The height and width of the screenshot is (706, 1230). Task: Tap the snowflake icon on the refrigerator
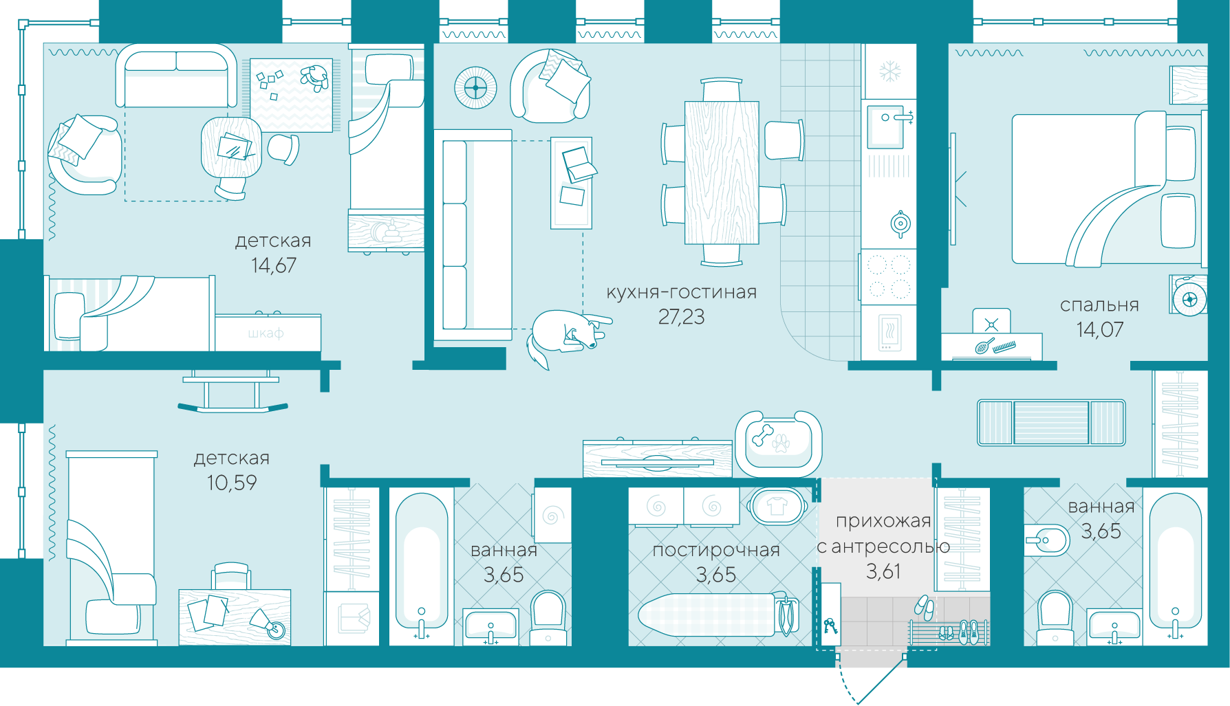point(890,71)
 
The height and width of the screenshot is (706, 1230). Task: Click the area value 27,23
point(681,317)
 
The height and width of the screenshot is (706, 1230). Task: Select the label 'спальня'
point(1099,305)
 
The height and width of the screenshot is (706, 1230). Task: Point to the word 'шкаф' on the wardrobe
point(266,333)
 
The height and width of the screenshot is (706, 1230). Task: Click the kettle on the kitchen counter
point(900,223)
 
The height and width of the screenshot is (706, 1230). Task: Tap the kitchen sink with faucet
point(888,126)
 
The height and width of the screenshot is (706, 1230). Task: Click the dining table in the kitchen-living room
point(722,173)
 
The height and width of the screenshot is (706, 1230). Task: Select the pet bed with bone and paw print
point(778,443)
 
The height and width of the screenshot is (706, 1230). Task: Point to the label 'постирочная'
point(716,550)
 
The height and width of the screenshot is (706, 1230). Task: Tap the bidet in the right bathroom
point(1046,541)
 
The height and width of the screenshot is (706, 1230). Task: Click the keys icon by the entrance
point(830,626)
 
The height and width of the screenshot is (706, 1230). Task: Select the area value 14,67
point(274,265)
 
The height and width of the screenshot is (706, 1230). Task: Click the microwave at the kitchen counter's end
point(888,333)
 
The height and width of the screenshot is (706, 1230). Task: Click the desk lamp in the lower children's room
point(267,622)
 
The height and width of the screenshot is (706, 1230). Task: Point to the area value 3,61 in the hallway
point(883,571)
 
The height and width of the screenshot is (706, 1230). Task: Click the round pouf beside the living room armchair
point(475,88)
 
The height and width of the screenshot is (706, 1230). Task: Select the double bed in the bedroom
point(1108,189)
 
